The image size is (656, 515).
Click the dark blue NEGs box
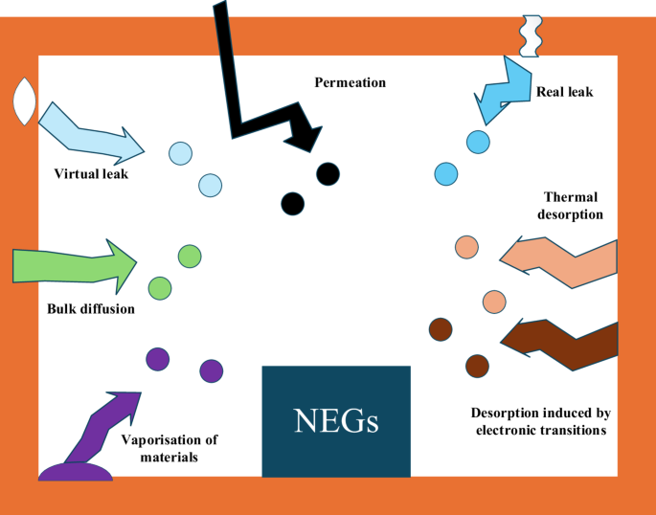336,421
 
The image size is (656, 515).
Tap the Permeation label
351,82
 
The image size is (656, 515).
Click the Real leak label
564,92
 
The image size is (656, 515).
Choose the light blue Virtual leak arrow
90,135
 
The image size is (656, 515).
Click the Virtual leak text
91,173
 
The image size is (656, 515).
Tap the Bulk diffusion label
91,309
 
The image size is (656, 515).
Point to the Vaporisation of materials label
170,448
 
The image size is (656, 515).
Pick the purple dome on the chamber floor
76,472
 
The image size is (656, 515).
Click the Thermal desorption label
570,206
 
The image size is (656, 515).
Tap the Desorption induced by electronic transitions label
541,421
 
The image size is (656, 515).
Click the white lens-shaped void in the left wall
25,101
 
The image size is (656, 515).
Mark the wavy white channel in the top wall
531,36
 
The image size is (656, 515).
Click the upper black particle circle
328,174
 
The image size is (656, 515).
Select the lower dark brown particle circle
477,367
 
